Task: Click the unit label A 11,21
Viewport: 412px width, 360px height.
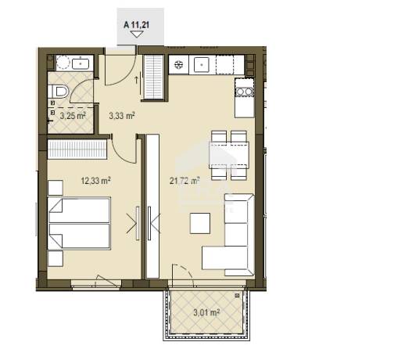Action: [x=136, y=25]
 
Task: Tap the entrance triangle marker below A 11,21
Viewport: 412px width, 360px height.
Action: [x=137, y=34]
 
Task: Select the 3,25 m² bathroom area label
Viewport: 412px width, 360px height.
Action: [x=73, y=116]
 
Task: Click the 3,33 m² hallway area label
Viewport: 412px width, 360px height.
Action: [x=122, y=116]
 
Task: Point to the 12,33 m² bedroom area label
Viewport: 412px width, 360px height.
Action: [x=95, y=181]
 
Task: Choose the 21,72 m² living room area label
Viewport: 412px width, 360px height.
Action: [x=185, y=181]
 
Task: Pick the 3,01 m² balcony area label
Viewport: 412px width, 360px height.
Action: [x=206, y=313]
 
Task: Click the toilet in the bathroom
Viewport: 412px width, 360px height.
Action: [x=59, y=92]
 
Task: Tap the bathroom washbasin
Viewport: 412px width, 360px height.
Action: [x=81, y=63]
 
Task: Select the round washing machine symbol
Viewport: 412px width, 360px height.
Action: [x=63, y=63]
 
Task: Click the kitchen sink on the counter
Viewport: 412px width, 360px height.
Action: [x=201, y=64]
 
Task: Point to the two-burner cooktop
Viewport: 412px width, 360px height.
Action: [x=245, y=92]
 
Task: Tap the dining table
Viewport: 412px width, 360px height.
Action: [x=229, y=155]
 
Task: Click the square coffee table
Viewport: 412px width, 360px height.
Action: [x=200, y=223]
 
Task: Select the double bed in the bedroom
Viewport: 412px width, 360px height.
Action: [x=79, y=223]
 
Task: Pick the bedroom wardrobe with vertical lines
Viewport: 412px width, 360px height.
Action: [x=77, y=149]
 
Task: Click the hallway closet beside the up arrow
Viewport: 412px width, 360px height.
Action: [x=154, y=77]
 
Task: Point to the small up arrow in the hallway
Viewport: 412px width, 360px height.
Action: [x=136, y=80]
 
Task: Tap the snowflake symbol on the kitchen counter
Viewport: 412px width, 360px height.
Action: [x=179, y=64]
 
